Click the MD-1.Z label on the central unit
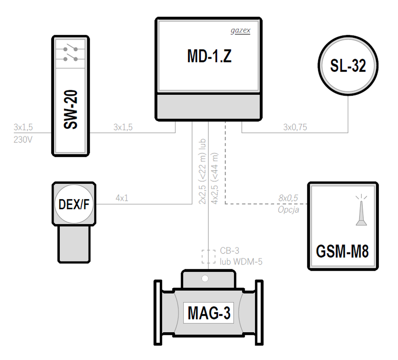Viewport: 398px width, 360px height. [x=209, y=56]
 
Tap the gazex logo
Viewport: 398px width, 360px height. [x=240, y=31]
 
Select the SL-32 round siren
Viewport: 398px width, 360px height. [x=348, y=66]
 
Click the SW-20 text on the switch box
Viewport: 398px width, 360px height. [x=71, y=109]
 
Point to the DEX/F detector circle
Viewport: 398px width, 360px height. [x=74, y=204]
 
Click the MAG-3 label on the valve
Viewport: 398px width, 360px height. [x=209, y=313]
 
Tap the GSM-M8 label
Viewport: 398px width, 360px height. [x=342, y=251]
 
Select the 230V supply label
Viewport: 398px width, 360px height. [x=23, y=140]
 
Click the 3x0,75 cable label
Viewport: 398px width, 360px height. [x=295, y=127]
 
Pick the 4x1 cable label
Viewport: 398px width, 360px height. [x=122, y=198]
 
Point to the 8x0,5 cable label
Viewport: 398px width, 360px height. [x=288, y=198]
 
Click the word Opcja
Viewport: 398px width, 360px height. [x=288, y=210]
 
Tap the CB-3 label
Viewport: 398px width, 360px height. [x=230, y=251]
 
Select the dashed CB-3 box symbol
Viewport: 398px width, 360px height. [x=208, y=257]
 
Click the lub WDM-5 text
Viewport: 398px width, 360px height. [x=241, y=261]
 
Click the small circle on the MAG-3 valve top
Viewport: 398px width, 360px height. [x=205, y=279]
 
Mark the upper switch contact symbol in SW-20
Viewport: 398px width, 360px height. [x=71, y=48]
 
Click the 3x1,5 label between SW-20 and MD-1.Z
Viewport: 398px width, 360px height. [x=123, y=127]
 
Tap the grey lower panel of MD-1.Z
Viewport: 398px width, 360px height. [x=209, y=106]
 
